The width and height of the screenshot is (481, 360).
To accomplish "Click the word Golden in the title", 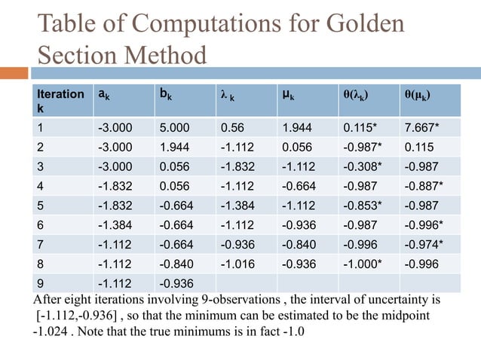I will coord(364,24).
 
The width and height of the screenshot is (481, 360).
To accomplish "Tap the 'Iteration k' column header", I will coord(60,102).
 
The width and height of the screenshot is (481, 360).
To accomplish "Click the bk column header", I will coord(164,94).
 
